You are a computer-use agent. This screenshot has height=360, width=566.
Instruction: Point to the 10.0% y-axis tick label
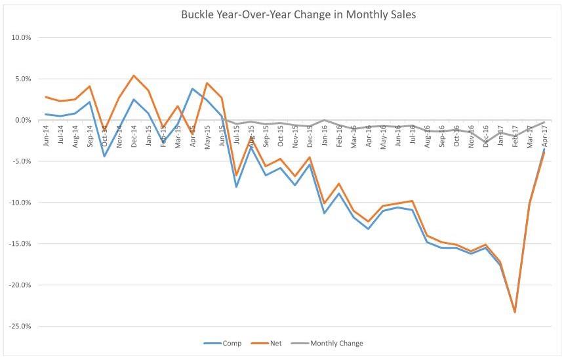pos(22,37)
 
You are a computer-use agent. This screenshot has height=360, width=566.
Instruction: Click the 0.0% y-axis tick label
pos(23,120)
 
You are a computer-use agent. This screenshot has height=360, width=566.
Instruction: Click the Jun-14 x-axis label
pos(46,135)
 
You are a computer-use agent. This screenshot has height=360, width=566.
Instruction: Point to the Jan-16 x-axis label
pos(325,135)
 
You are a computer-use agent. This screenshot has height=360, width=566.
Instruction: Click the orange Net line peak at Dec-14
pos(134,75)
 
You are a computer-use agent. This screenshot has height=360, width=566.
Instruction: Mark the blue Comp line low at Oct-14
pos(104,156)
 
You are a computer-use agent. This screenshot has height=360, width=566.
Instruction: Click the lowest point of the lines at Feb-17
pos(515,312)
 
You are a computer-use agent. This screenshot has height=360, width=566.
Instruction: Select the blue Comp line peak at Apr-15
pos(193,89)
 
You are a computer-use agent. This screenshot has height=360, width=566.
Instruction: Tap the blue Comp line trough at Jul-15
pos(236,187)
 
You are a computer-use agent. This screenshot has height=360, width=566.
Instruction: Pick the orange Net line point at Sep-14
pos(90,86)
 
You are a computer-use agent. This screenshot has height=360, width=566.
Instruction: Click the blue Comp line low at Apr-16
pos(369,229)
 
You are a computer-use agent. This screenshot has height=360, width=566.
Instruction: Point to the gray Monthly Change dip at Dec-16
pos(485,142)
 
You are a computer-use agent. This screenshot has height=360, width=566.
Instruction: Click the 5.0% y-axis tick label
pos(23,79)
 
